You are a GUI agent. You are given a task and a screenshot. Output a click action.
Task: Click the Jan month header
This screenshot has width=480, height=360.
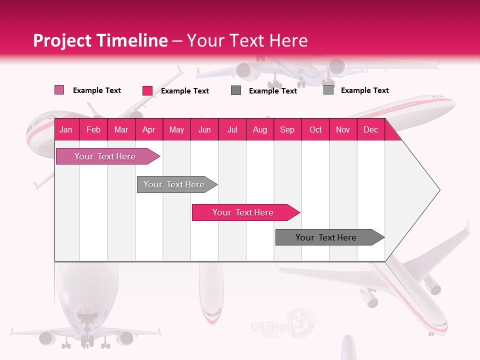click(x=66, y=129)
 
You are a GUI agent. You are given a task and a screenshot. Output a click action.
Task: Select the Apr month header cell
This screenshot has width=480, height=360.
click(x=148, y=129)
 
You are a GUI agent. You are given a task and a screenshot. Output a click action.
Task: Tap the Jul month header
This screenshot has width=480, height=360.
click(x=232, y=129)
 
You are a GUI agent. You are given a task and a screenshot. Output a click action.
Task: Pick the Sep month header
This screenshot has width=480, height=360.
click(x=287, y=129)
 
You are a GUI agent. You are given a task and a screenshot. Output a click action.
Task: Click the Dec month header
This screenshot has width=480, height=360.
click(x=370, y=129)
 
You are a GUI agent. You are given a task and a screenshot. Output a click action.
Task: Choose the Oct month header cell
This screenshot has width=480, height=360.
click(x=315, y=129)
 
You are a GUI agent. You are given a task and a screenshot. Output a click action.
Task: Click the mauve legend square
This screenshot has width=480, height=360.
click(x=59, y=90)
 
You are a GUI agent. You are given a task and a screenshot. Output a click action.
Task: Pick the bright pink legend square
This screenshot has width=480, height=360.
click(x=147, y=90)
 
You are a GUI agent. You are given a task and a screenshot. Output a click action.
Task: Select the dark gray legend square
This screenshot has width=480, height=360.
click(x=236, y=90)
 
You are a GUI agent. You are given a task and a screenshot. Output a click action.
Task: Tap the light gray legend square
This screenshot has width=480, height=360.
click(x=328, y=90)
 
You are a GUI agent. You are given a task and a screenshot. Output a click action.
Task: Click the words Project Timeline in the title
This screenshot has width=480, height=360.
click(x=100, y=40)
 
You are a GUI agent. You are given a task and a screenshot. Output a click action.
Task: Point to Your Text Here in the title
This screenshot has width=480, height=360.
click(x=247, y=40)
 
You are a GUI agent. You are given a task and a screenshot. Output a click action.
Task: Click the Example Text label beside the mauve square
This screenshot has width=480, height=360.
click(x=97, y=90)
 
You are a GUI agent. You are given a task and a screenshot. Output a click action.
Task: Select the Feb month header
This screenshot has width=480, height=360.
click(x=93, y=129)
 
